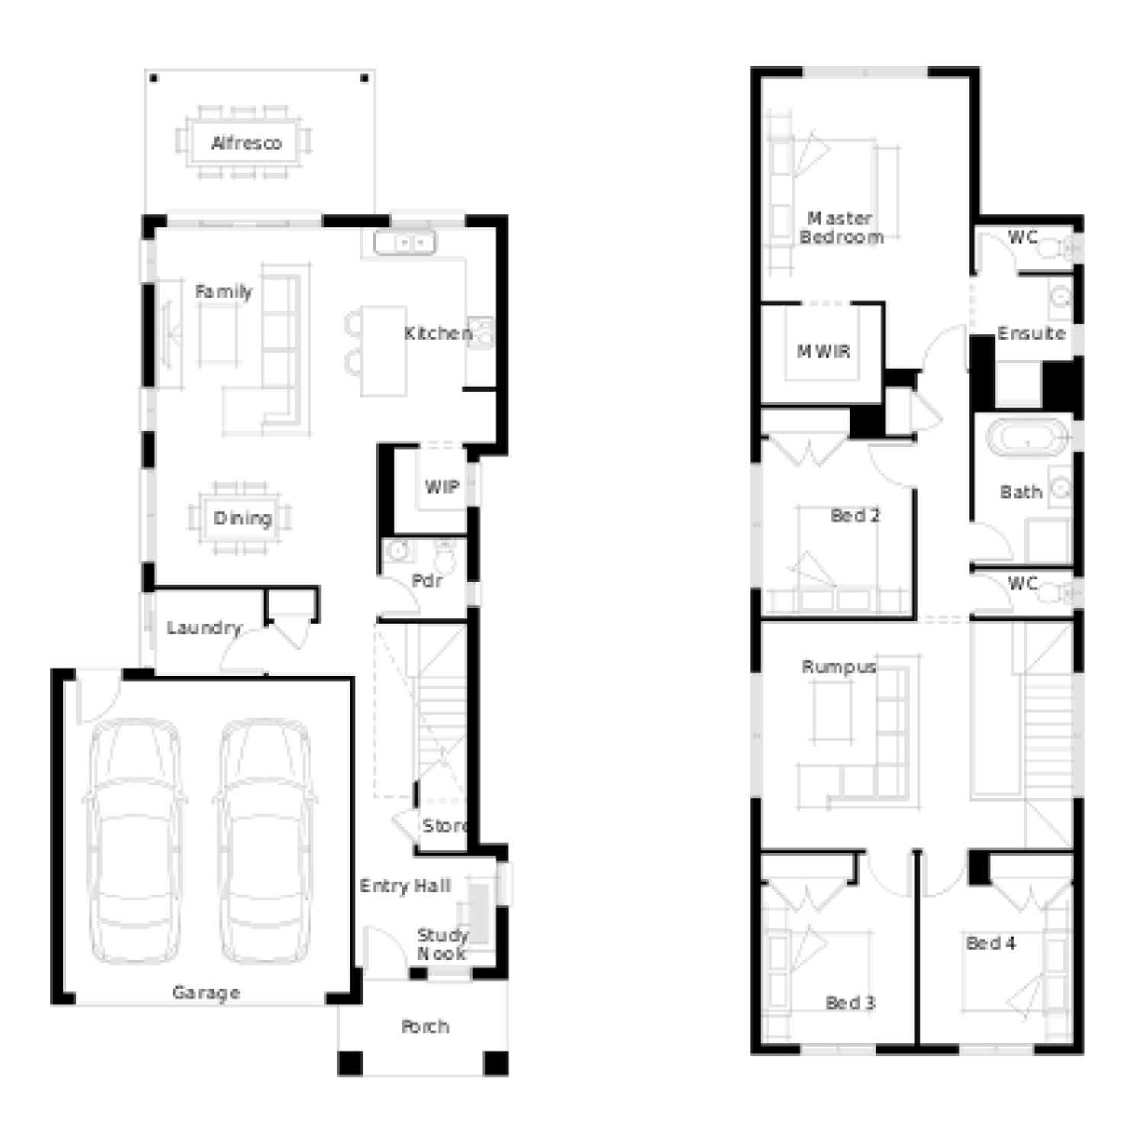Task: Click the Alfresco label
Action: point(247,143)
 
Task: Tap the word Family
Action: point(224,292)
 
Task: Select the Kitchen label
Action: point(438,333)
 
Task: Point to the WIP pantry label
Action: point(442,486)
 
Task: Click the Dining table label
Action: point(243,519)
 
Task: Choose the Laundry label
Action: point(204,628)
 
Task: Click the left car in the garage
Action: point(135,841)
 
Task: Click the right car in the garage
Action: point(265,841)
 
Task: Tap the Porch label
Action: point(425,1027)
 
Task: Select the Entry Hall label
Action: point(405,885)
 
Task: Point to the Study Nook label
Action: point(442,944)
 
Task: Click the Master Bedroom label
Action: point(841,227)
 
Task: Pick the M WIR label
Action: point(824,351)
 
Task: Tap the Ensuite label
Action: point(1031,333)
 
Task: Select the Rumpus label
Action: point(839,666)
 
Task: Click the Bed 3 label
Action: point(850,1002)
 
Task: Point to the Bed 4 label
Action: point(991,943)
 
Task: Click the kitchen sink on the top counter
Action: point(405,244)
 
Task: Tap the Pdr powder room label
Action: point(427,581)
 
